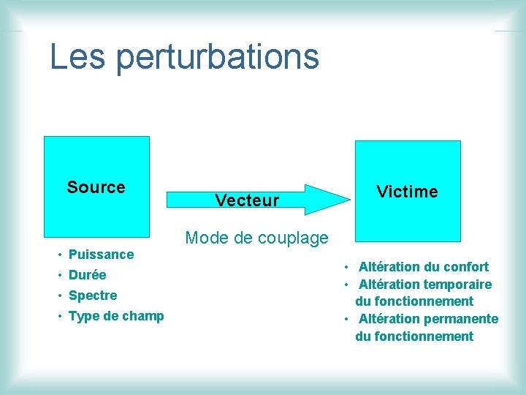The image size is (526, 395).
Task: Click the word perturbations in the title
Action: (217, 58)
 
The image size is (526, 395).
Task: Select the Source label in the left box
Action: (96, 187)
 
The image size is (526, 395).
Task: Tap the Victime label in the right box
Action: (407, 192)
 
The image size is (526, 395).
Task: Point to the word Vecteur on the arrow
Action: (247, 200)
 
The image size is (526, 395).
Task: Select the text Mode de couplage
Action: (256, 237)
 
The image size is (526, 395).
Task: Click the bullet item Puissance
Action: (101, 255)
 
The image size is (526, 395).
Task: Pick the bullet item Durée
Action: (87, 275)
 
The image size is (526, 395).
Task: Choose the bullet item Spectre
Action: (92, 296)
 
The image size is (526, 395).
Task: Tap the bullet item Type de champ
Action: (115, 316)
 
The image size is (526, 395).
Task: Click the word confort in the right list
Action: (465, 267)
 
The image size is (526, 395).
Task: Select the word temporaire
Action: (458, 285)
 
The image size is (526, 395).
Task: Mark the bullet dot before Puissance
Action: (59, 255)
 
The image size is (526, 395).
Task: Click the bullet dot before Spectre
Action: (59, 296)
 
